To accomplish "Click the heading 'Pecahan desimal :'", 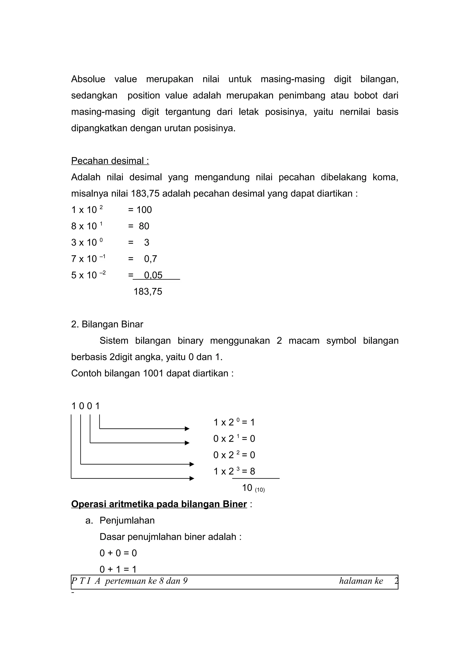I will click(110, 161).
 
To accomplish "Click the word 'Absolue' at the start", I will click(88, 79).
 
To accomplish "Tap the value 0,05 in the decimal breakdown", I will click(153, 275).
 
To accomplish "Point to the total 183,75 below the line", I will click(148, 291).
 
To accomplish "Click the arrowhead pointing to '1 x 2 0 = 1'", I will click(187, 429).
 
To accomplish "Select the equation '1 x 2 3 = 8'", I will click(234, 471).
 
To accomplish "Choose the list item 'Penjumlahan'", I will click(127, 520).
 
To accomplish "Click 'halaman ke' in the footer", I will click(361, 581).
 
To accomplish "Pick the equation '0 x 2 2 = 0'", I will click(234, 455).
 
